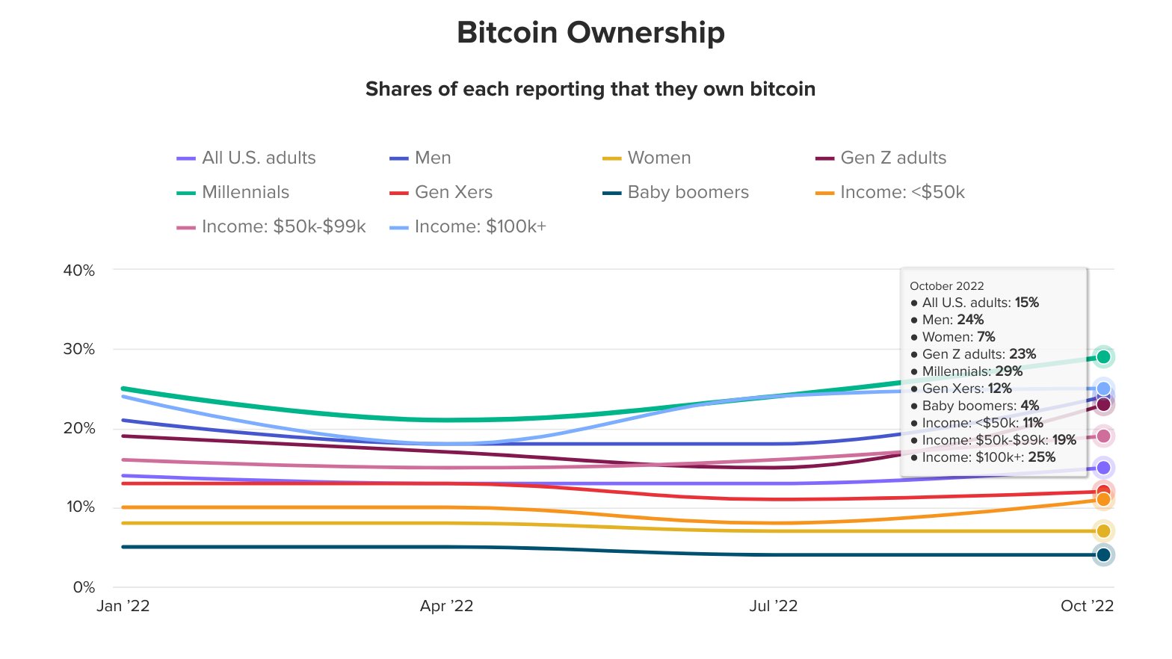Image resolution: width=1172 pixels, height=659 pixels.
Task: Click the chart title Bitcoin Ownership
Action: [x=590, y=33]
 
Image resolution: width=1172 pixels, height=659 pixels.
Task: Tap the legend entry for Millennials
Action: [x=245, y=192]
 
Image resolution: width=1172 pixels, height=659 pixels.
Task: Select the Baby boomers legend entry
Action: [x=688, y=192]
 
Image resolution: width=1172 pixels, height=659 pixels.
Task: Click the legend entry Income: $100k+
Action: [x=480, y=226]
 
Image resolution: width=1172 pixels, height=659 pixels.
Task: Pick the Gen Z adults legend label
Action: [x=893, y=158]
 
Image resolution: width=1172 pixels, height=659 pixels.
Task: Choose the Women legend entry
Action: [x=659, y=158]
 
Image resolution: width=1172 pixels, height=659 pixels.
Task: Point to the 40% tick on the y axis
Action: [x=79, y=270]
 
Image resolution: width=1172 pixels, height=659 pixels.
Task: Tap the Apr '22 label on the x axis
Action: [x=446, y=606]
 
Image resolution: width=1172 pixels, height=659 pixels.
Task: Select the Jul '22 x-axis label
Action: [x=773, y=606]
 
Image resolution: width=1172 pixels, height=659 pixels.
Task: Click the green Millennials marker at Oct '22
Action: [x=1103, y=357]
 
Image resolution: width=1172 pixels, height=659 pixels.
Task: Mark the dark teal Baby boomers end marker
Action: [x=1103, y=554]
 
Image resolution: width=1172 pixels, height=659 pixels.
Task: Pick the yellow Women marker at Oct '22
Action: [x=1103, y=531]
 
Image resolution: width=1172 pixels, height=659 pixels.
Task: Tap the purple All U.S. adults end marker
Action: [x=1103, y=468]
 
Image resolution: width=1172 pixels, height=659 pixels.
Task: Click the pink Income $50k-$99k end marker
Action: [x=1103, y=436]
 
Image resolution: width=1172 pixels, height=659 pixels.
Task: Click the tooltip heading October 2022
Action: [x=946, y=286]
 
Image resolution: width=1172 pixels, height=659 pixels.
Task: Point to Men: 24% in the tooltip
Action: [x=953, y=320]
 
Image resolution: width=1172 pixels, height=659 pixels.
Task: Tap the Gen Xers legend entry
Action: [x=453, y=192]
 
